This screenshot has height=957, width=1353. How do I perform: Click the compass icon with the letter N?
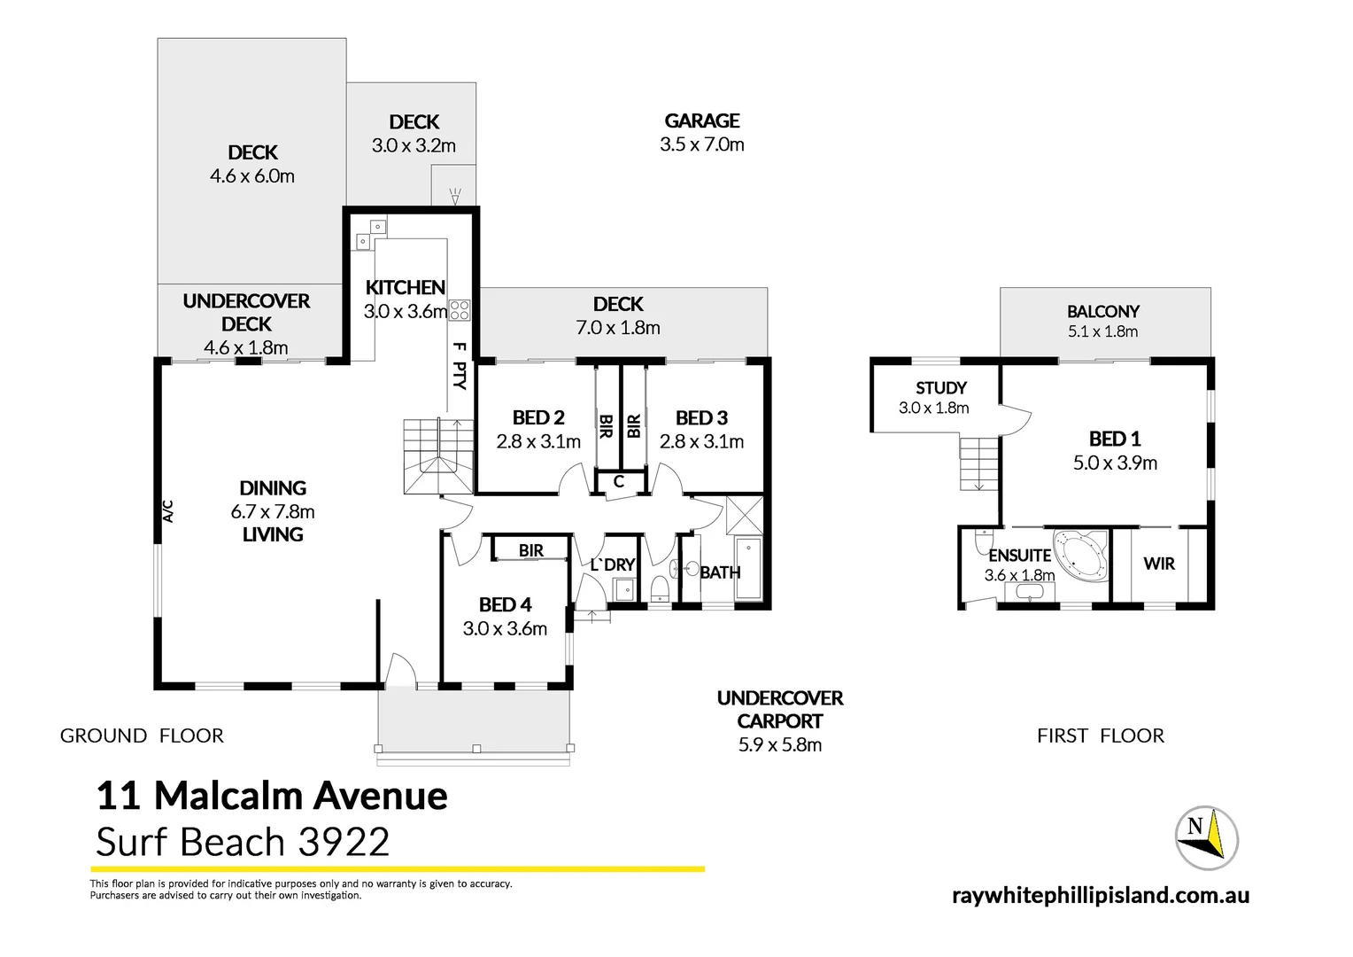[1205, 837]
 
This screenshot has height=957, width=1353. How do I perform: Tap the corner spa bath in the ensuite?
[1079, 555]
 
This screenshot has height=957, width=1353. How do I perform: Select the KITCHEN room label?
[405, 288]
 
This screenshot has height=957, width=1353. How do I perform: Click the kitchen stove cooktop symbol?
[459, 310]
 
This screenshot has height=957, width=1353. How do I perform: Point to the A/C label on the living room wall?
[167, 510]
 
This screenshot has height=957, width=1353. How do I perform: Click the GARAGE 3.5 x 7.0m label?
[701, 132]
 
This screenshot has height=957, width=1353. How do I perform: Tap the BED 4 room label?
[505, 605]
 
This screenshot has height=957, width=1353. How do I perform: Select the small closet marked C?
[619, 482]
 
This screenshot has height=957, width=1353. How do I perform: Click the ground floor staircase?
[438, 455]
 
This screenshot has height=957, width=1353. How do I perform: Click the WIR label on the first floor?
[1158, 564]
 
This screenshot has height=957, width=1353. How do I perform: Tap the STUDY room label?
[940, 388]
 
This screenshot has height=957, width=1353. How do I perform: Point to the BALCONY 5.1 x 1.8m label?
[1102, 321]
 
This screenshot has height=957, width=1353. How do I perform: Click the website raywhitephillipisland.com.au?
[1100, 895]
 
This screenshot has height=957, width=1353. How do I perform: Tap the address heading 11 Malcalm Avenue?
[271, 796]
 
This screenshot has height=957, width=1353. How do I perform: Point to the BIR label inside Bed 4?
[530, 550]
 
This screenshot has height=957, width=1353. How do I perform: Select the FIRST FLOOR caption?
[1100, 735]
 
